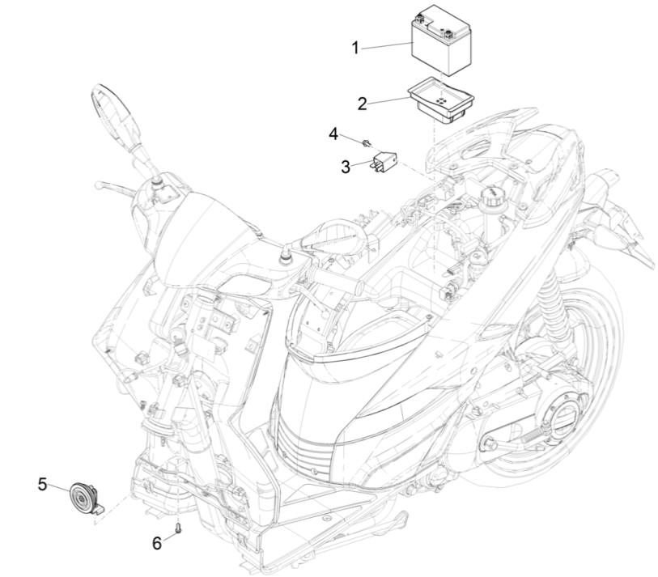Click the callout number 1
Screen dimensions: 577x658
coord(354,49)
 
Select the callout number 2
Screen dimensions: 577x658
coord(362,104)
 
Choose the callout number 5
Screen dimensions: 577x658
coord(42,484)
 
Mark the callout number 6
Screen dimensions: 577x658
coord(158,543)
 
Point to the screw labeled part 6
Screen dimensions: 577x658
coord(177,528)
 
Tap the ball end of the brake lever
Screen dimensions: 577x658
coord(98,185)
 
